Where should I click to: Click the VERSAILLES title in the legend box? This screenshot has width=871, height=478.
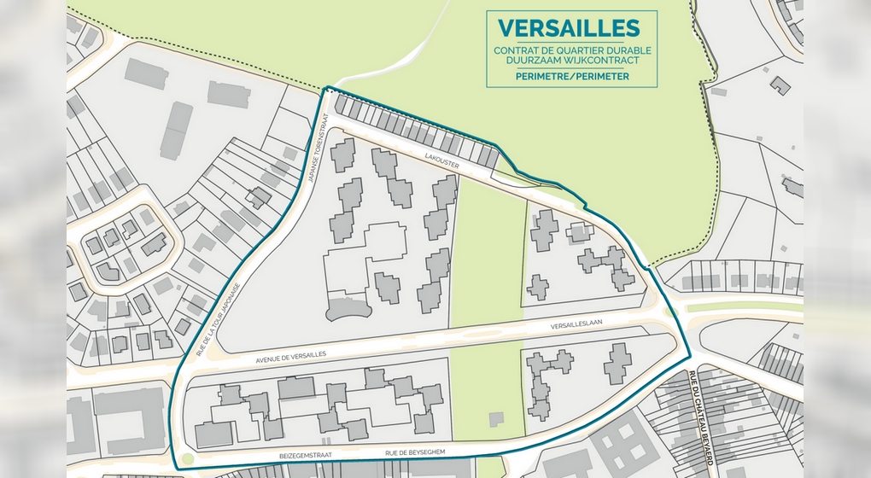coord(572,27)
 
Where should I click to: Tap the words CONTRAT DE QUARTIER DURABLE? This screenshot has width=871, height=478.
coord(572,50)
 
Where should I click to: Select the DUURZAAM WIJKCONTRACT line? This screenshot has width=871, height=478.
coord(572,61)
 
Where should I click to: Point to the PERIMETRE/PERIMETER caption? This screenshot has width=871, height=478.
coord(572,76)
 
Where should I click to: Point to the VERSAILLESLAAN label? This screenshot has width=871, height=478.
coord(579,325)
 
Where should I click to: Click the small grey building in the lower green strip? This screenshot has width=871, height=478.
coord(496,418)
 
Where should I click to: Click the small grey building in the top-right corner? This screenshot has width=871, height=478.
coord(780,85)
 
